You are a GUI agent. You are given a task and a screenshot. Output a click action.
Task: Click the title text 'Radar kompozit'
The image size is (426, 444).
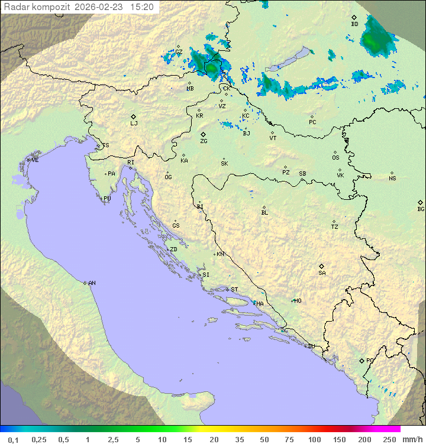pos(37,7)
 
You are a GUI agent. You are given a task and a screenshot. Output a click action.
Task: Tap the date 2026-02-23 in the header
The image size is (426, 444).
pos(100,7)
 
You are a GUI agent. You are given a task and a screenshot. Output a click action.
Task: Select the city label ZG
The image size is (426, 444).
pos(204,141)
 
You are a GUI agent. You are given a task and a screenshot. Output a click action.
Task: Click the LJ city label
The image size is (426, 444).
pos(134,124)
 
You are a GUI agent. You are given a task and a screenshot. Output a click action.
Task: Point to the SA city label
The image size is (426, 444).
pos(322,273)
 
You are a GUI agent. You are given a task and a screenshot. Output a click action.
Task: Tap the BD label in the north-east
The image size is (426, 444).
pos(354,24)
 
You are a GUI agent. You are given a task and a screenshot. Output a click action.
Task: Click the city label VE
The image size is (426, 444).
pos(35,160)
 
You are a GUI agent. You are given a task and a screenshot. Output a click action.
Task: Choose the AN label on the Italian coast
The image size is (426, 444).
pos(92,283)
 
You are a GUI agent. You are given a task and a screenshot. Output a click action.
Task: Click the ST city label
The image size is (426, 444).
pos(234,290)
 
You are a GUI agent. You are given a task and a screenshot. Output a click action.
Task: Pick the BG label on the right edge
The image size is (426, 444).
pos(421,209)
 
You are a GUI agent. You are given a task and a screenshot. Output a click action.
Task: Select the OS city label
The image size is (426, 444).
pos(335,158)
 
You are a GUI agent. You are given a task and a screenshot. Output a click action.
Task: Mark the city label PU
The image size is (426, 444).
pos(107,199)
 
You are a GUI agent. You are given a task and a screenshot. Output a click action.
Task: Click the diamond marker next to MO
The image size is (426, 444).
pos(292,300)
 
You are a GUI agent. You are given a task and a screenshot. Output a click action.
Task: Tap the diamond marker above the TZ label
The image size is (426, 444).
pos(334,221)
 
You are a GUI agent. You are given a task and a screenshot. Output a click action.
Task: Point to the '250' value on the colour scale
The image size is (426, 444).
pos(389,439)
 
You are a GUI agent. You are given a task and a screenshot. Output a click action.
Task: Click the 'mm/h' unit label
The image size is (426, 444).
pos(412,439)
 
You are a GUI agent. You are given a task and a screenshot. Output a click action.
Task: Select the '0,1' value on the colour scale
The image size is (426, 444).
pos(13,439)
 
